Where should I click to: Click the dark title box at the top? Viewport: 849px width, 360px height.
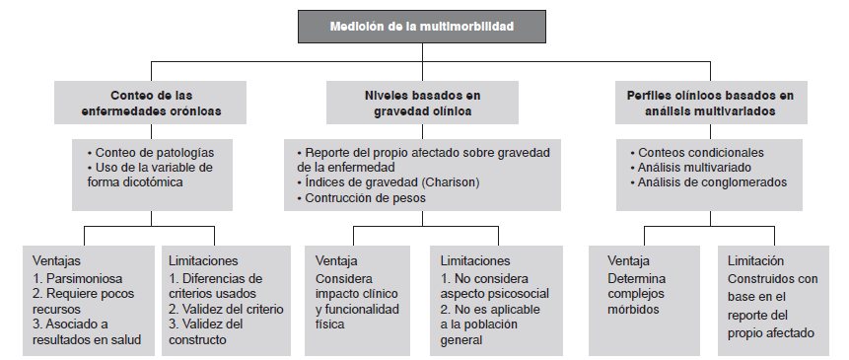pyautogui.click(x=424, y=26)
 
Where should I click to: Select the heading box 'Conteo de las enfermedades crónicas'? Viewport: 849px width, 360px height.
pyautogui.click(x=151, y=104)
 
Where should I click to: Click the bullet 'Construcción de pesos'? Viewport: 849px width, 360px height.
pyautogui.click(x=363, y=198)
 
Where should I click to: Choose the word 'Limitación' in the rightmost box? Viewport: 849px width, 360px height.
pyautogui.click(x=755, y=261)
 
